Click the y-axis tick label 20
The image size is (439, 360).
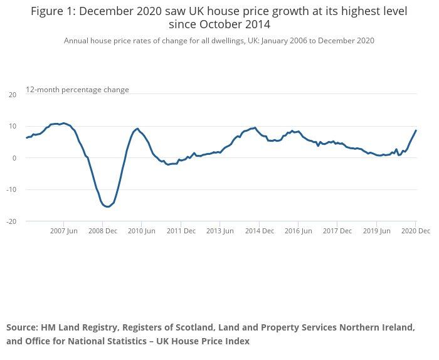[x=13, y=95]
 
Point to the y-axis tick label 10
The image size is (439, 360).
[x=13, y=127]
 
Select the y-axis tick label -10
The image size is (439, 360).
[x=11, y=190]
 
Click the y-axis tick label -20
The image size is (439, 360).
[x=11, y=221]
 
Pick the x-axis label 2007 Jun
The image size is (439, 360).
[x=63, y=231]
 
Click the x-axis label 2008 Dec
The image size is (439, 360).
[x=102, y=231]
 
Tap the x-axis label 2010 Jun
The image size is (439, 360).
[x=141, y=231]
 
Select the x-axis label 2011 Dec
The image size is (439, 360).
[x=181, y=231]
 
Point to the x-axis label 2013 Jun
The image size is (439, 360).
[x=219, y=231]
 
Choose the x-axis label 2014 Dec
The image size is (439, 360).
[x=259, y=231]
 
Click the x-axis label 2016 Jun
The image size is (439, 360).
[x=298, y=231]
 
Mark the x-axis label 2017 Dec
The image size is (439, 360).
[x=337, y=231]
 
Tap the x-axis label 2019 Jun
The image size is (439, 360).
[x=376, y=231]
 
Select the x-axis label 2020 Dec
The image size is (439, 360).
[x=415, y=231]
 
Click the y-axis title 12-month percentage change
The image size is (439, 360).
[x=77, y=90]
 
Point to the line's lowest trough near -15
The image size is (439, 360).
[x=108, y=206]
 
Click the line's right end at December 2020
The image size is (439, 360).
[x=416, y=130]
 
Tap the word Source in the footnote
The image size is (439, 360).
[x=22, y=328]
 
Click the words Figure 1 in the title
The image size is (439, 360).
[x=53, y=11]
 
